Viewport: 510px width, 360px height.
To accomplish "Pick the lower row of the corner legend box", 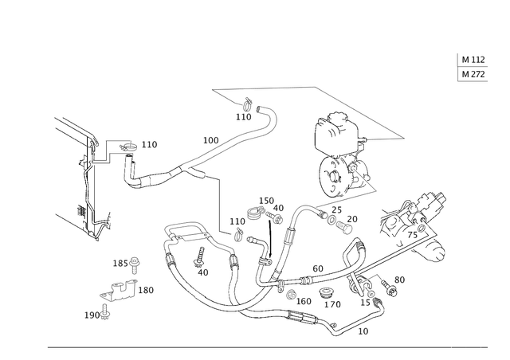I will [471, 74].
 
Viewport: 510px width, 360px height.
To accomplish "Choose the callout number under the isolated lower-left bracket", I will [93, 315].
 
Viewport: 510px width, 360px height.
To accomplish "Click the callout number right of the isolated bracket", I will [149, 289].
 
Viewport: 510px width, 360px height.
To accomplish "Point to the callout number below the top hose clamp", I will [244, 117].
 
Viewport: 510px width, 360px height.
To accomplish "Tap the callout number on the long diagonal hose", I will [210, 139].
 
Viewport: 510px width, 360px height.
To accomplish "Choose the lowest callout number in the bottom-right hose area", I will [364, 329].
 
